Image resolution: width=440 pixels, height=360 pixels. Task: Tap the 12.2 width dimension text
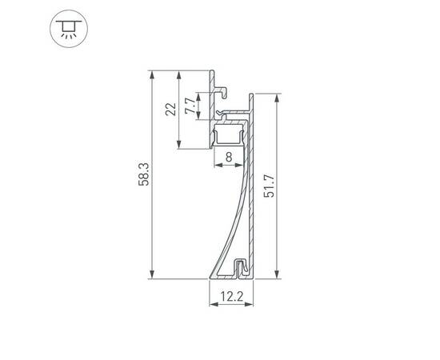[231, 297]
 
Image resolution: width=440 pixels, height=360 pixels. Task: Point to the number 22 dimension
[170, 110]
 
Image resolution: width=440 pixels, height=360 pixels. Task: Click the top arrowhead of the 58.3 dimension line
[150, 74]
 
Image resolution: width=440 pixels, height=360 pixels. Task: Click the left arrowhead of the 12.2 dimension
[211, 306]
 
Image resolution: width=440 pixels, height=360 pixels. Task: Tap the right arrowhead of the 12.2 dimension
[251, 306]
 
